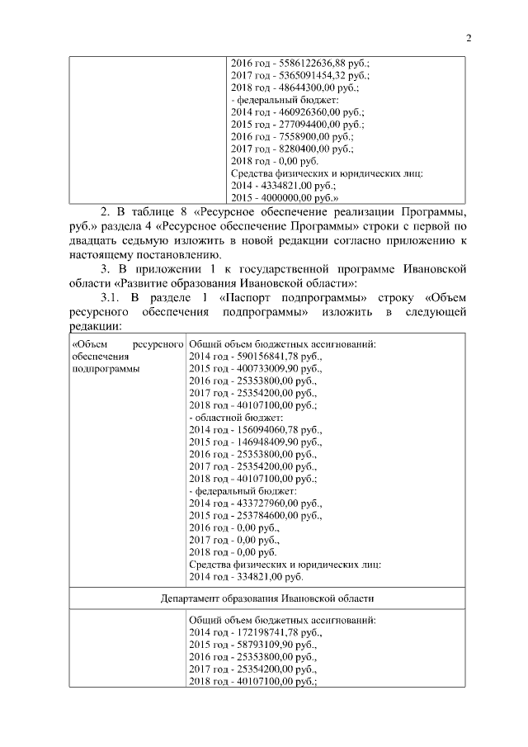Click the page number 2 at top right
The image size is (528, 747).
pyautogui.click(x=468, y=37)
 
